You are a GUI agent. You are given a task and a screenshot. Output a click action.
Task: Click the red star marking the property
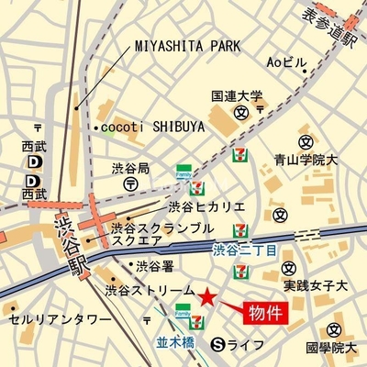point(208,297)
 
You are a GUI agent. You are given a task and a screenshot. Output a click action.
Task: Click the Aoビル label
point(285,62)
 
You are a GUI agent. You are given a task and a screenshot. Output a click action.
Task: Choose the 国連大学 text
point(236,95)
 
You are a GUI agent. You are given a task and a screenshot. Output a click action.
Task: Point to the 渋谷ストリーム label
point(150,290)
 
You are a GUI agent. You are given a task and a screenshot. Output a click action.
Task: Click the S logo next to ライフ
point(217,344)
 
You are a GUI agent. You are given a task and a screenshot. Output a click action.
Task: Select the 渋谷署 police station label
point(154,267)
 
